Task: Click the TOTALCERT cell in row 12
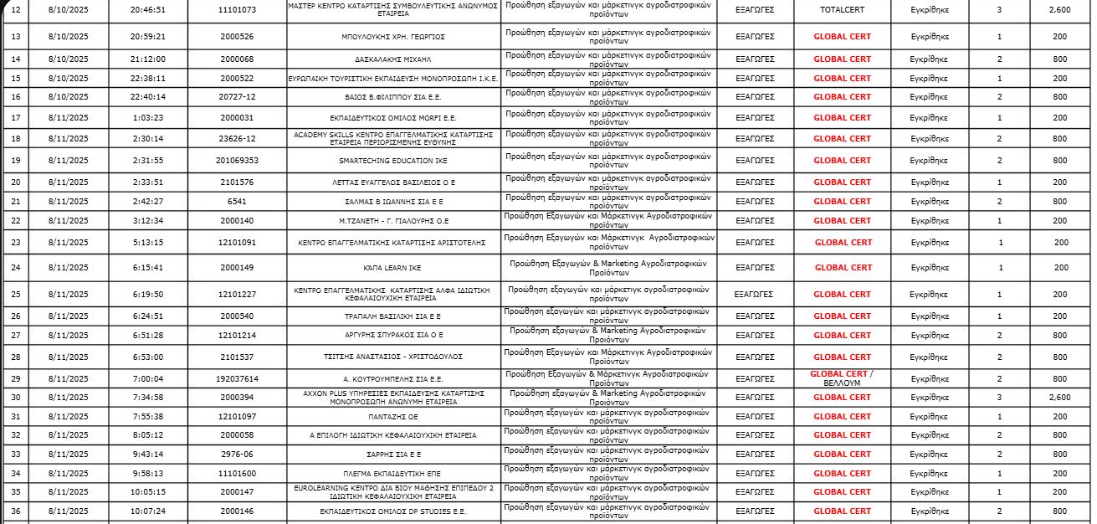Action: (842, 10)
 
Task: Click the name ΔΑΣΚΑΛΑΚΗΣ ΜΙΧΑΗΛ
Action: (392, 59)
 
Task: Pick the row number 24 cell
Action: (15, 268)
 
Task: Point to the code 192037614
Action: (237, 378)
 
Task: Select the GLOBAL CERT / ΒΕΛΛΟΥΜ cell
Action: (842, 378)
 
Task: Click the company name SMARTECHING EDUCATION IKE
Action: (392, 161)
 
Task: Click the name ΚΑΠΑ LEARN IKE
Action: (392, 268)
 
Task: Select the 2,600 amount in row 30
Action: (1059, 398)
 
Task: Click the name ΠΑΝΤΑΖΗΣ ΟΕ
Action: (392, 417)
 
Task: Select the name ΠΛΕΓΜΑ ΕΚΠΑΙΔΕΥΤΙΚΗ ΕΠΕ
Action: (392, 474)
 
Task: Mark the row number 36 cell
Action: (15, 511)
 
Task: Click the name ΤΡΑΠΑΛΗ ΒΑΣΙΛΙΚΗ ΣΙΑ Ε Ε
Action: (392, 316)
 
